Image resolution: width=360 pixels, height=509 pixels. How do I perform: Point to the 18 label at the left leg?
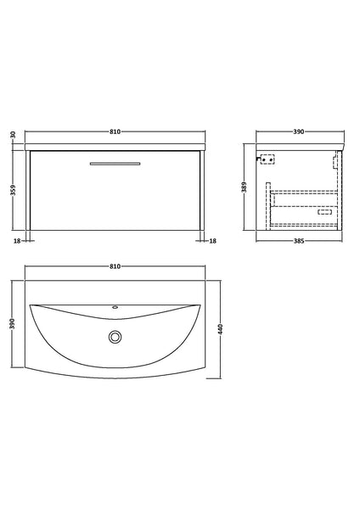point(16,241)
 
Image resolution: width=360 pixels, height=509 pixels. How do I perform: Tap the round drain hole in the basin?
point(114,337)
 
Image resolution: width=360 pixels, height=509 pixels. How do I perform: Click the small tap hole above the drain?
point(114,308)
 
